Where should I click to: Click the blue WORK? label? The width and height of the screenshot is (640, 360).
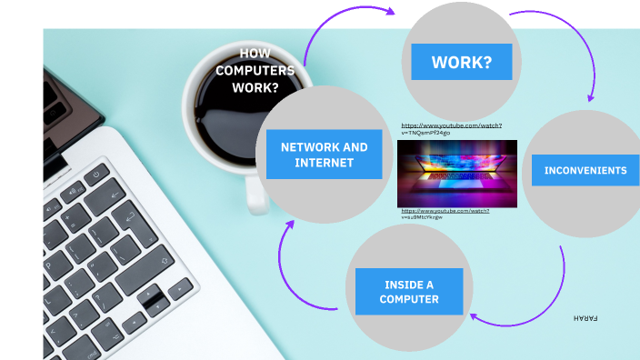[461, 63]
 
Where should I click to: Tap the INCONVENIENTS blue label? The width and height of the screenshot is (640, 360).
[585, 170]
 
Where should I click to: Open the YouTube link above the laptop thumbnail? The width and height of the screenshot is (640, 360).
[451, 128]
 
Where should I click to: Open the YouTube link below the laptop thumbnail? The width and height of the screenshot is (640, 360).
[445, 214]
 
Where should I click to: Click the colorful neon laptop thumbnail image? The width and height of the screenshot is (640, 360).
[456, 173]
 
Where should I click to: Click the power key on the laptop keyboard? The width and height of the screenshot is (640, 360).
[95, 174]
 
